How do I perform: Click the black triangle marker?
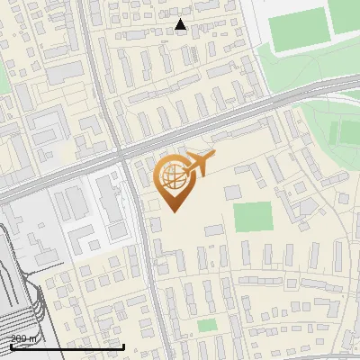[181, 25]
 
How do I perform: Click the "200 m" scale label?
[24, 337]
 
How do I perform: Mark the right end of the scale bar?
[123, 346]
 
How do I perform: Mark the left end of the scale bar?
[10, 346]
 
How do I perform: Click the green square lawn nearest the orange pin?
[252, 217]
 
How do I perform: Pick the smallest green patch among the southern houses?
[207, 325]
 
